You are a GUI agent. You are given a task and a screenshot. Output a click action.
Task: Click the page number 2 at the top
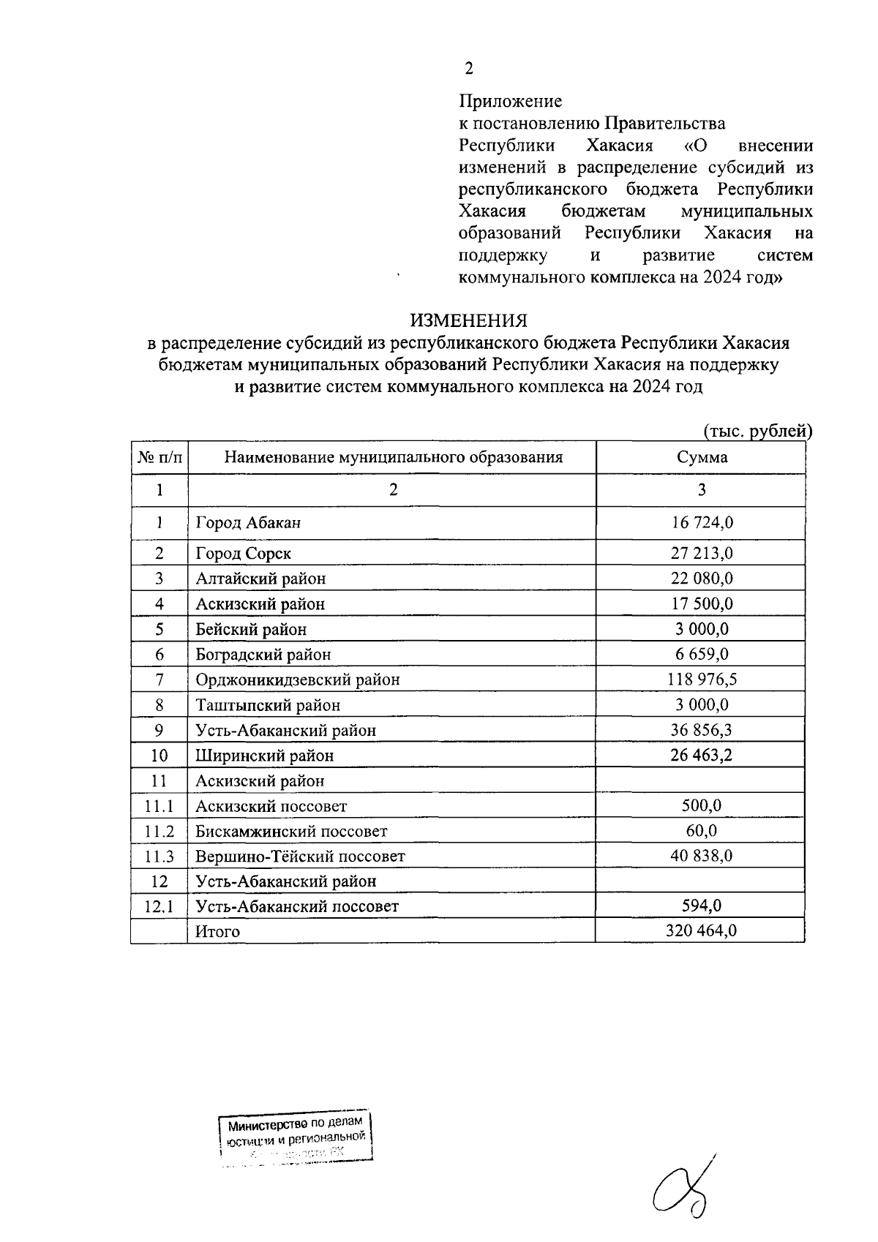(468, 69)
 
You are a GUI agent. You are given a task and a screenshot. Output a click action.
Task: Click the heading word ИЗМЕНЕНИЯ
(468, 321)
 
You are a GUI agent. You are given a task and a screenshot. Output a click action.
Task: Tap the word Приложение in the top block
(510, 101)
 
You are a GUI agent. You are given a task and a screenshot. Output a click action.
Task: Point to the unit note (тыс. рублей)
(757, 431)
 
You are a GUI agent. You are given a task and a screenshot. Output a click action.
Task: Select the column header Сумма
(701, 458)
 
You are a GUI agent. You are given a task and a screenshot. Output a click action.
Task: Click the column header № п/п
(160, 458)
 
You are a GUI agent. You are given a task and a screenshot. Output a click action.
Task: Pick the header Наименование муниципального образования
(393, 458)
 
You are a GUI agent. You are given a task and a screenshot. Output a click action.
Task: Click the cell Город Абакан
(248, 523)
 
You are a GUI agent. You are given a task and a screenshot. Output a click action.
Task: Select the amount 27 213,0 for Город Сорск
(701, 553)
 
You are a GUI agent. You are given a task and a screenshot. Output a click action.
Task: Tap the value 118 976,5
(701, 680)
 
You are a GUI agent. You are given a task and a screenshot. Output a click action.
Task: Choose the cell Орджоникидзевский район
(297, 680)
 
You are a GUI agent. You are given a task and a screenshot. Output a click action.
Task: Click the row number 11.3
(160, 857)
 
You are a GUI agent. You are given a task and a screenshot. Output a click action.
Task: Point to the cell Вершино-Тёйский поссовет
(300, 857)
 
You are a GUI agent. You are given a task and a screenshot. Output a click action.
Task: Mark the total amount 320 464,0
(701, 931)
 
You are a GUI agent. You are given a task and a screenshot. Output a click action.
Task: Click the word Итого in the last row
(217, 932)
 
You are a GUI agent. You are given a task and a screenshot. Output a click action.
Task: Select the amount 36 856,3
(701, 730)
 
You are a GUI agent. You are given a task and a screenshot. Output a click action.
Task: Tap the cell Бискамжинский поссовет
(290, 832)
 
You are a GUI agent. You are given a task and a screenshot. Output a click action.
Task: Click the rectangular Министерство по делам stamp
(296, 1138)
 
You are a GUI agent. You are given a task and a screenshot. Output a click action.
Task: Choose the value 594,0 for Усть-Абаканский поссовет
(701, 906)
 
